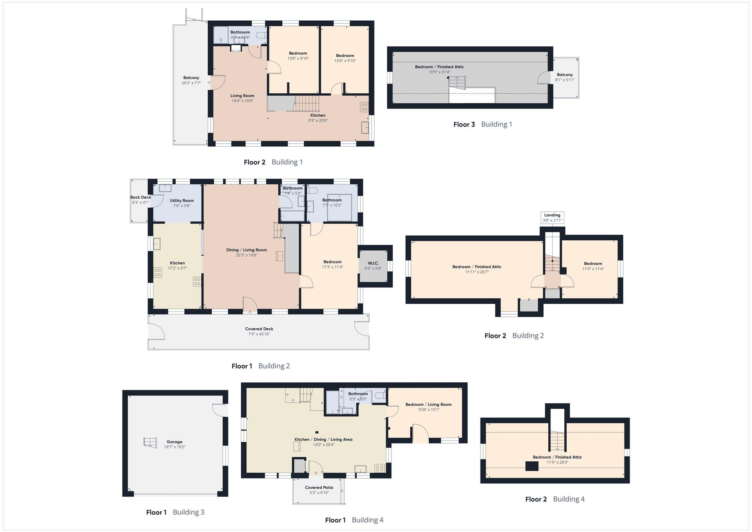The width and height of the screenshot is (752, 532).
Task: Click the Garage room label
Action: click(174, 442)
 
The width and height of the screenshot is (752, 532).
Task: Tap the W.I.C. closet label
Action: click(373, 263)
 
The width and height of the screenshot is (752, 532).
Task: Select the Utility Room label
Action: click(182, 201)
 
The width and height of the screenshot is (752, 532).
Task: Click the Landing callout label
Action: click(552, 215)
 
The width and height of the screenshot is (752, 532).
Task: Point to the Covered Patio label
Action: click(319, 487)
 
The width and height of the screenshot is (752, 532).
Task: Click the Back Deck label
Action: click(141, 197)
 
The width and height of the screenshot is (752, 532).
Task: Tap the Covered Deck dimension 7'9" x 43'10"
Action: click(259, 334)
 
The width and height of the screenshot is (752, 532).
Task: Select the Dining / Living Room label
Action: click(247, 250)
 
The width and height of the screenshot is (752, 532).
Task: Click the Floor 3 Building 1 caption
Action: click(483, 124)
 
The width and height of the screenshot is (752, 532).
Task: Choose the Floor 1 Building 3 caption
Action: click(175, 512)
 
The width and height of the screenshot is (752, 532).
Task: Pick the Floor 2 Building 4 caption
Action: click(555, 499)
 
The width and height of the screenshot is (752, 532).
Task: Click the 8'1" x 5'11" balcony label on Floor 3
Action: click(565, 80)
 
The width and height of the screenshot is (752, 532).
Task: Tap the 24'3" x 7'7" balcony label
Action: click(191, 83)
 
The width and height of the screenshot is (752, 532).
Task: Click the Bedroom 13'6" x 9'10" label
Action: click(345, 58)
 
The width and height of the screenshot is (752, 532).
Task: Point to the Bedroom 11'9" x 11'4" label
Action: click(593, 266)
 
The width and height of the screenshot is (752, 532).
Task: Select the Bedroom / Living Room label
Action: click(429, 404)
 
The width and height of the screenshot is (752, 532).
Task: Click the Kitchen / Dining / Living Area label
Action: click(323, 439)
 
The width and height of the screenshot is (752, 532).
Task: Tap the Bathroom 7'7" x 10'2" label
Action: click(332, 202)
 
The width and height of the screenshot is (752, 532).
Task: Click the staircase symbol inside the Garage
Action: click(150, 442)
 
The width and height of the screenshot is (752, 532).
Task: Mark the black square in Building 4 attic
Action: click(532, 466)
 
